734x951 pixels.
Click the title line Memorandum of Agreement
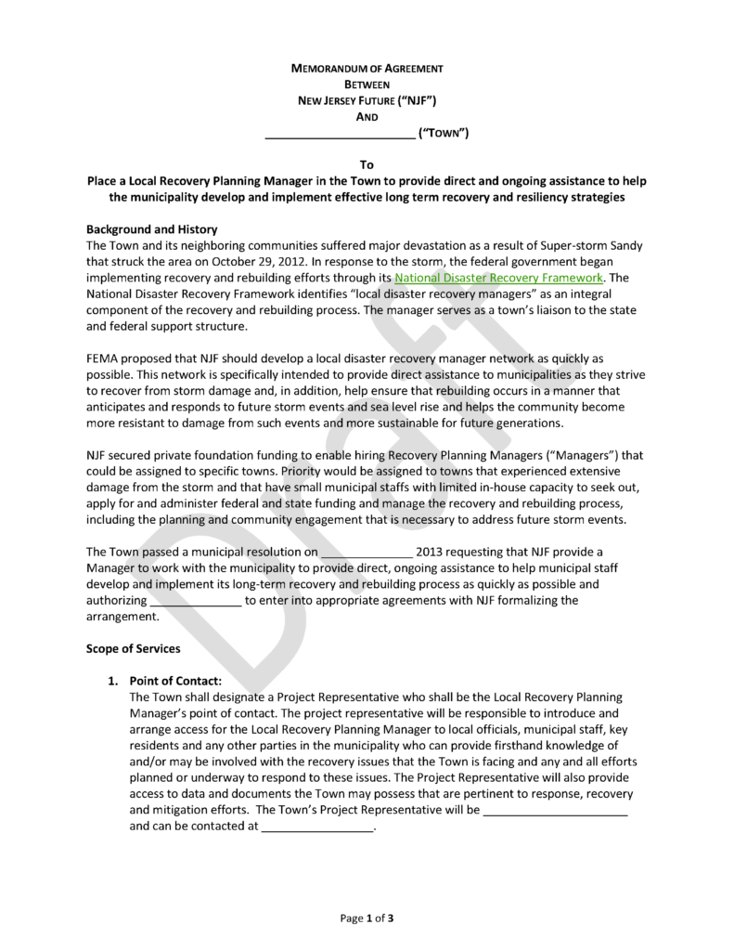click(x=367, y=69)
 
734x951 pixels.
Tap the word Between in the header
click(x=367, y=85)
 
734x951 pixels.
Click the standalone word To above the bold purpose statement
click(x=367, y=164)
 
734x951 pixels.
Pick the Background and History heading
click(x=151, y=228)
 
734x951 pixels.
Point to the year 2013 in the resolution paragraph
click(x=432, y=552)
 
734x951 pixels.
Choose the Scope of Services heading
click(x=134, y=649)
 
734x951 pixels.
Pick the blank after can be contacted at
click(x=316, y=826)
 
